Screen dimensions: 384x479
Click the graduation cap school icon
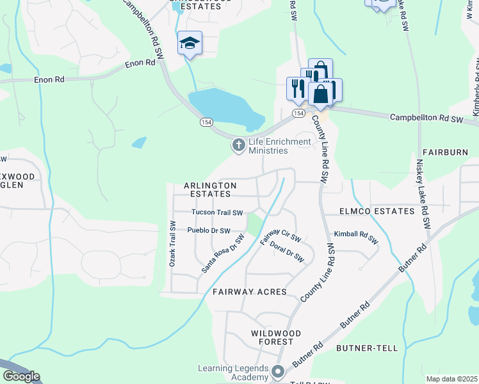190,43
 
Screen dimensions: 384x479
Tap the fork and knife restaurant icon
297,88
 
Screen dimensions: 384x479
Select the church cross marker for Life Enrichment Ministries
238,146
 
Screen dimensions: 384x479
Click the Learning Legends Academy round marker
277,371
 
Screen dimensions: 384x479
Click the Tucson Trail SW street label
218,212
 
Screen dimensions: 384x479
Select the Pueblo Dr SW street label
208,230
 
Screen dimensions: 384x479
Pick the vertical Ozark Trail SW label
172,244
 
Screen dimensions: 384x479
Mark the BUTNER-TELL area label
370,348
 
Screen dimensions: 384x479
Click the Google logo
21,376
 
